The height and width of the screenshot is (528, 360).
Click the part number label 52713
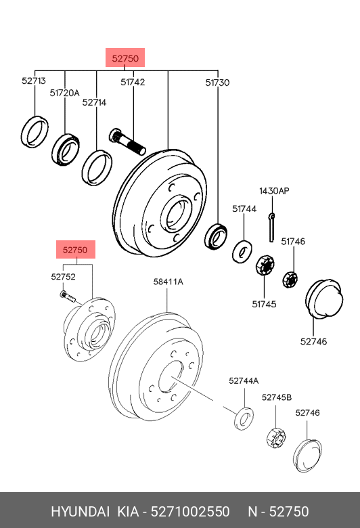pos(33,81)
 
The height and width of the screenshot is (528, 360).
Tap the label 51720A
pos(64,93)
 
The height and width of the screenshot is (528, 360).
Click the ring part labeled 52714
pos(97,167)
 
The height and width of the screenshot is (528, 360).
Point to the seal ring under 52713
pos(35,131)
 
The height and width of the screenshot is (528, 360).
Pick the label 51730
pos(217,83)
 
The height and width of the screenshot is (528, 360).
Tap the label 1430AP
pos(274,192)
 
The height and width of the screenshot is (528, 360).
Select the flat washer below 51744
pos(242,251)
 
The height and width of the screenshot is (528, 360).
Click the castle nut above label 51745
pos(264,265)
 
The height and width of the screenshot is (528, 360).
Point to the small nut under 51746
pos(291,278)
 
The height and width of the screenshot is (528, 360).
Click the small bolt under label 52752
pos(66,295)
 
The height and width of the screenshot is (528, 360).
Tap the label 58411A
pos(168,281)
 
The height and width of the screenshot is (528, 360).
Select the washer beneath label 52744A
pos(243,418)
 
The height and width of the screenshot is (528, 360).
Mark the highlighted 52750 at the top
pos(125,59)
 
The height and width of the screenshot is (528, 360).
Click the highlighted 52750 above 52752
pos(75,250)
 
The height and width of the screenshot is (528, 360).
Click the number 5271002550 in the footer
pos(190,511)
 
